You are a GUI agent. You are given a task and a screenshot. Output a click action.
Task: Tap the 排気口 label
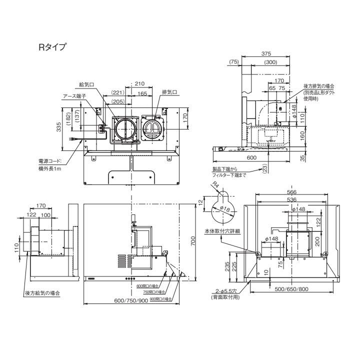(x=168, y=92)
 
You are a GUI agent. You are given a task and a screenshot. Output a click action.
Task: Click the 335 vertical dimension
(x=59, y=128)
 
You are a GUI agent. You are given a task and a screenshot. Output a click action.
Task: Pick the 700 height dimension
(x=194, y=242)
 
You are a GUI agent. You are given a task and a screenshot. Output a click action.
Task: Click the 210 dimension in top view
(x=140, y=84)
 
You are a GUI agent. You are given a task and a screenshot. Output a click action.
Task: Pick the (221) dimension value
(x=118, y=92)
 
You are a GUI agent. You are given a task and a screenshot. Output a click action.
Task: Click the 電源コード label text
(x=52, y=161)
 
